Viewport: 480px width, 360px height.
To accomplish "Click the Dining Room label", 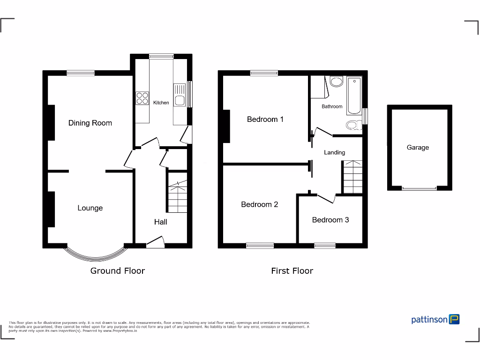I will [x=90, y=123].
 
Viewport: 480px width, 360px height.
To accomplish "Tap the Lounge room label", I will [x=90, y=208].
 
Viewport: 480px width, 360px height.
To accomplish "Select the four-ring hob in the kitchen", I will [x=142, y=98].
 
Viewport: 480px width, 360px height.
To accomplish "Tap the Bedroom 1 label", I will [x=265, y=119].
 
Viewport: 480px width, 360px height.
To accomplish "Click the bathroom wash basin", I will [x=336, y=82].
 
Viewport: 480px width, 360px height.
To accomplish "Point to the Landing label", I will [x=334, y=152].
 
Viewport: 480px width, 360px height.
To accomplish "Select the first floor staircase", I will [x=352, y=177].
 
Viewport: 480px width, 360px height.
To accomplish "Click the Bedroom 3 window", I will [x=325, y=245].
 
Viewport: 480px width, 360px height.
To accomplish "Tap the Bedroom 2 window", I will [x=260, y=245].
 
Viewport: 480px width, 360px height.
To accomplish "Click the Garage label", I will [x=418, y=147].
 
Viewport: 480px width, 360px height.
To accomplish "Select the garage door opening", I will [x=419, y=188].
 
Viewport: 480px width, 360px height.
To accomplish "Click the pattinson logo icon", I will [x=454, y=319].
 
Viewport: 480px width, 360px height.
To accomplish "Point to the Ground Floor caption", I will [x=117, y=270].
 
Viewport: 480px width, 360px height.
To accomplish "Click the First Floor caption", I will [x=292, y=270].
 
